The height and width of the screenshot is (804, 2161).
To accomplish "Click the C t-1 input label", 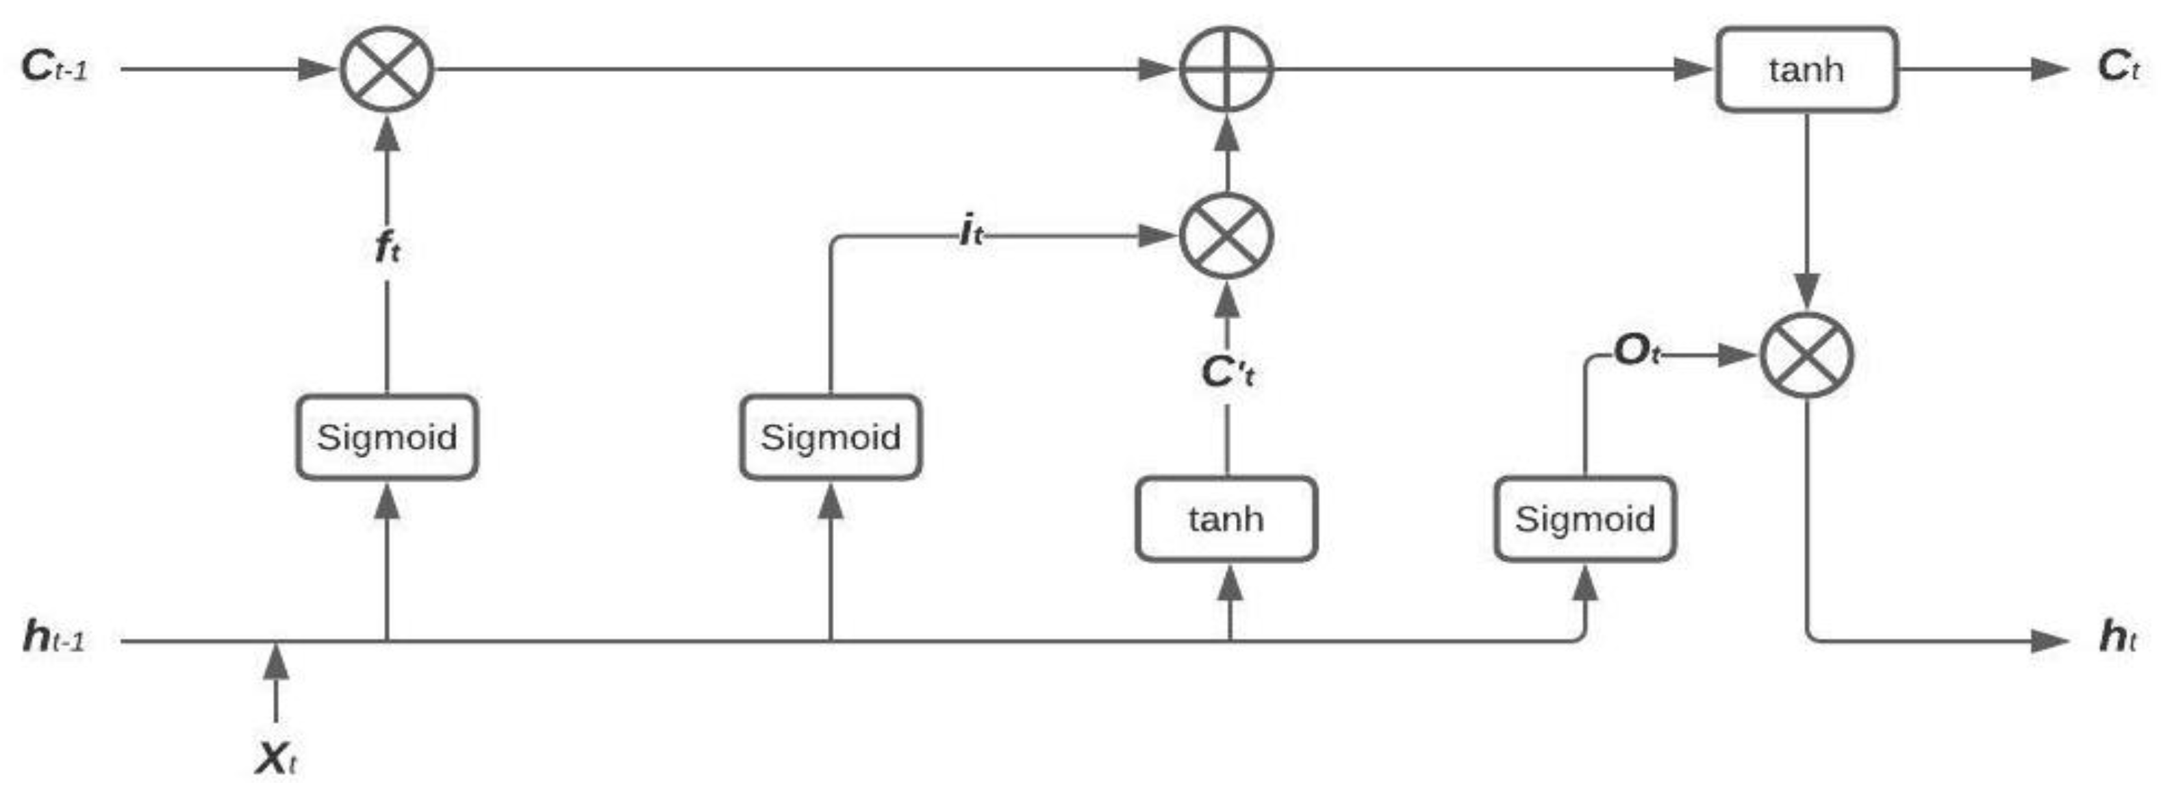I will point(53,67).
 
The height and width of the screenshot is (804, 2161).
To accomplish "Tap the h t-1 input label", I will point(53,637).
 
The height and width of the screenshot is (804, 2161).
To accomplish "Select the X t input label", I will point(276,759).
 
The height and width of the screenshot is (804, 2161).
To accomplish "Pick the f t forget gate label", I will point(387,249).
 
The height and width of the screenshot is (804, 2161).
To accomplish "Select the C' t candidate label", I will point(1227,372).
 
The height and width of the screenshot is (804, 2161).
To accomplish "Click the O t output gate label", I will point(1636,351).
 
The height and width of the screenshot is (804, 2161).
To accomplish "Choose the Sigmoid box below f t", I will point(387,436).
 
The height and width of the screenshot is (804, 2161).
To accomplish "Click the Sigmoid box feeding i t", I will point(831,436).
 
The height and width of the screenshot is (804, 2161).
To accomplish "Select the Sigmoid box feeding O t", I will point(1584,518).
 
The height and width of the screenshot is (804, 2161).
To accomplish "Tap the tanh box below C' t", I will point(1226,518).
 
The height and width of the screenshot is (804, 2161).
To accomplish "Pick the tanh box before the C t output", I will point(1806,68).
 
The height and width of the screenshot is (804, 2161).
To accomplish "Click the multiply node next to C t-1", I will point(387,68).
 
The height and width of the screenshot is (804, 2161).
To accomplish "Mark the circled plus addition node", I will point(1226,68).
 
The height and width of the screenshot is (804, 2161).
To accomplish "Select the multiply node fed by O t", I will point(1806,355).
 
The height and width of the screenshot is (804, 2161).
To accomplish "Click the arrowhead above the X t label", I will point(276,662).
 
